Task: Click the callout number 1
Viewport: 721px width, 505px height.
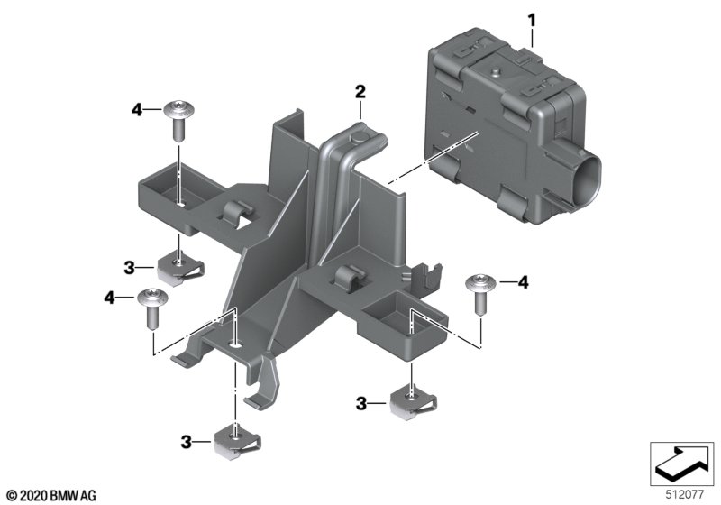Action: click(x=532, y=21)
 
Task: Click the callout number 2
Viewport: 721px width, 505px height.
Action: click(x=360, y=91)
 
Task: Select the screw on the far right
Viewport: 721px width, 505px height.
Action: click(x=481, y=294)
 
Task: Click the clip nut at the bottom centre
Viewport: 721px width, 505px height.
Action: click(x=236, y=442)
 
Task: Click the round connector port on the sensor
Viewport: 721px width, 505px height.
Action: click(x=588, y=177)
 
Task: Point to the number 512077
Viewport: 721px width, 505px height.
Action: click(x=685, y=495)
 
